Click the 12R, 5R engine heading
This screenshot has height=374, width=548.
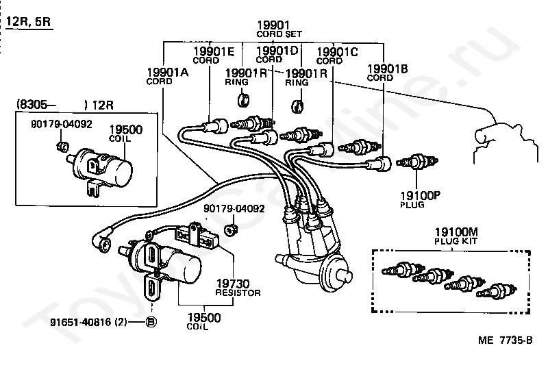(29, 22)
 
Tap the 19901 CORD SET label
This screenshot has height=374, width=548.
(279, 29)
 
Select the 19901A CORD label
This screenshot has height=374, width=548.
(167, 76)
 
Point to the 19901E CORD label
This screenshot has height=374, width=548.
(214, 55)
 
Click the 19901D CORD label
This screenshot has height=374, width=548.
(277, 55)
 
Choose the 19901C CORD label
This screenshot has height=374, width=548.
(337, 56)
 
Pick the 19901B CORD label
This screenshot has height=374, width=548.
(387, 73)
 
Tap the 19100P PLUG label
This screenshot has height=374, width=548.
(420, 199)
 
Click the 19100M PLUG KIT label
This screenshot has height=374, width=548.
(456, 236)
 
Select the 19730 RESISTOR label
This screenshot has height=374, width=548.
(238, 288)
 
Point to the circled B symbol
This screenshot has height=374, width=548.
(151, 322)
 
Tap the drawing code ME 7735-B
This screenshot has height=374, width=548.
(506, 340)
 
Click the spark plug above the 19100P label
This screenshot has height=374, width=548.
(417, 162)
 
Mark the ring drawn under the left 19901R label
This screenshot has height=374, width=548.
(243, 100)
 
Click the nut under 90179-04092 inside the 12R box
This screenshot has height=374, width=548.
(62, 147)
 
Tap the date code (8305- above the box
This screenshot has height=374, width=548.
(36, 105)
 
